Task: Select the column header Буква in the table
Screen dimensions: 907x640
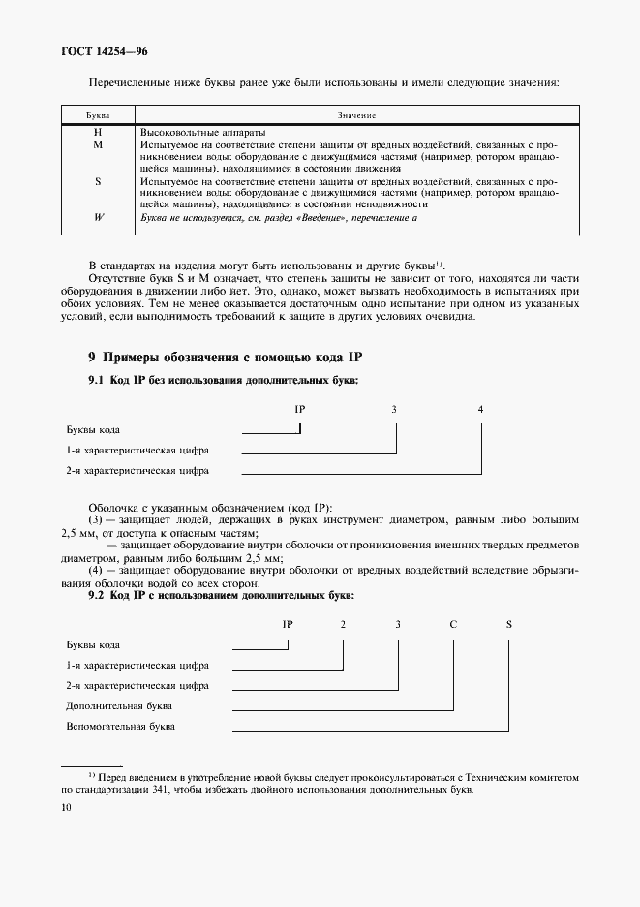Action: (x=98, y=115)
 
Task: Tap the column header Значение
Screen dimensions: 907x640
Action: (x=356, y=115)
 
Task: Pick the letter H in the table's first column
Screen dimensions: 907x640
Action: (x=98, y=132)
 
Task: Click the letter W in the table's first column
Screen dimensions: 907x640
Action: (x=98, y=217)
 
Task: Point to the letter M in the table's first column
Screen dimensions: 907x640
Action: (x=98, y=144)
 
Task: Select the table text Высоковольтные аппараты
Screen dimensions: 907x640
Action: (x=203, y=132)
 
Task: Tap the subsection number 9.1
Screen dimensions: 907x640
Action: (x=96, y=380)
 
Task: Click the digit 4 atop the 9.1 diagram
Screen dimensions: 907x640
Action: (x=481, y=409)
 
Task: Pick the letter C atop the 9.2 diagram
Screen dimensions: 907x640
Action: (x=452, y=623)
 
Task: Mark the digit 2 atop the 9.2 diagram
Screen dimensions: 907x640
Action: (x=343, y=623)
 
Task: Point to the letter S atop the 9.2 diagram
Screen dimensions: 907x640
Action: (x=508, y=623)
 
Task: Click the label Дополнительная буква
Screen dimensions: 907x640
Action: (x=119, y=705)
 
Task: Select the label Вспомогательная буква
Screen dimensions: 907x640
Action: (x=121, y=726)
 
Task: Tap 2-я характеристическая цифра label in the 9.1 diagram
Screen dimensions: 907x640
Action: (x=137, y=471)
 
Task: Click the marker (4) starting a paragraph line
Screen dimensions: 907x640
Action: (x=96, y=571)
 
